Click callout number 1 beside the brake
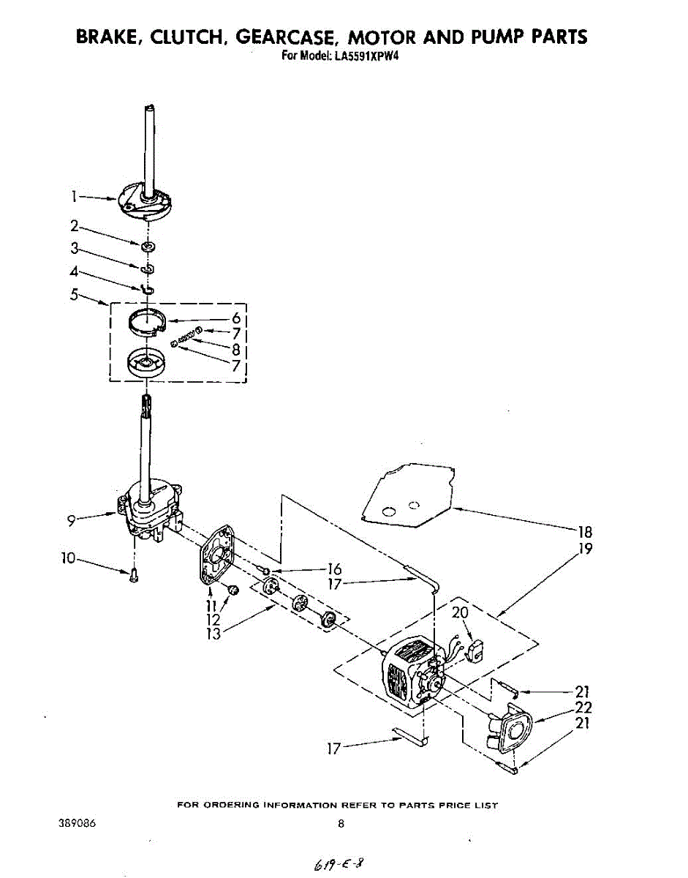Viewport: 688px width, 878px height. coord(74,196)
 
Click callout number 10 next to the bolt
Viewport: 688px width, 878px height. coord(68,558)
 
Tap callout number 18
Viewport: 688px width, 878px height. coord(585,532)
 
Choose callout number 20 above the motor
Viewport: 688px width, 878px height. coord(460,613)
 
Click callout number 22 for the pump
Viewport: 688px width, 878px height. coord(583,708)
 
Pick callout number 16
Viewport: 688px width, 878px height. coord(334,569)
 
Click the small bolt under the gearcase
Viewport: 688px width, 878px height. coord(134,577)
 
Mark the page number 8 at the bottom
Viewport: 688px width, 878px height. coord(341,824)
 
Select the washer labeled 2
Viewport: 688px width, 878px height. coord(147,245)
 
